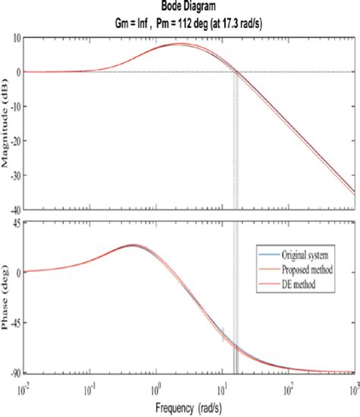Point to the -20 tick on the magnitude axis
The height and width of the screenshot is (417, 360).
pyautogui.click(x=13, y=141)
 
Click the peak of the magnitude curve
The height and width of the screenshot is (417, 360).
pyautogui.click(x=179, y=43)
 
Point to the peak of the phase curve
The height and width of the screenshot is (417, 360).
pyautogui.click(x=134, y=245)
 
